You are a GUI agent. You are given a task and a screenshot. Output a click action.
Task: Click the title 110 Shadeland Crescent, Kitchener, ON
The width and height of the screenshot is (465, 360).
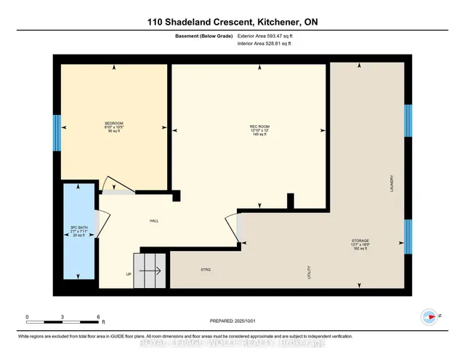point(232,23)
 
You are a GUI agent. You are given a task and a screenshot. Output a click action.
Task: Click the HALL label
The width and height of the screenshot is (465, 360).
point(154,220)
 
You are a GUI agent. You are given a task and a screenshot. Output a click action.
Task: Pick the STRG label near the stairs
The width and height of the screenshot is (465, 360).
point(206,270)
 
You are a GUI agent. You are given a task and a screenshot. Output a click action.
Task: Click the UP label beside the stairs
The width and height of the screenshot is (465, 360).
point(129,274)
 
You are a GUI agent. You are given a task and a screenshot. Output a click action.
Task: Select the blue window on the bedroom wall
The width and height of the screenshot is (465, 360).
point(56,131)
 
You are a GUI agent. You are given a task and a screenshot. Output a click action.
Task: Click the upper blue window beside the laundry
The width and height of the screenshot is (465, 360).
point(408,121)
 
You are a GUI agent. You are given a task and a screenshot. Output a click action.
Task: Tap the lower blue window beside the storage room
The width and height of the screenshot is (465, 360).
point(408,235)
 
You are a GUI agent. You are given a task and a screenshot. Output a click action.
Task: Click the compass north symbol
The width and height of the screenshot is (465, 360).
point(429,316)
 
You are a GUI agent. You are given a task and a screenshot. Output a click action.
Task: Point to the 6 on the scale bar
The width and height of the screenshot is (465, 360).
point(98,317)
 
